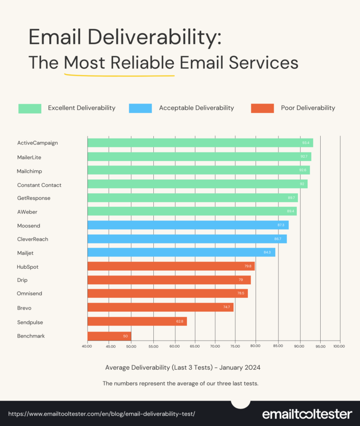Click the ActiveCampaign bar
[200, 143]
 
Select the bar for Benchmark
[109, 336]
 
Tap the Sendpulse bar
[137, 321]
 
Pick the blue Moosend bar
[187, 225]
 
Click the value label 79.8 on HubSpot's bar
[247, 266]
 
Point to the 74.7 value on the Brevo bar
[226, 307]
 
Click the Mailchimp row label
[30, 171]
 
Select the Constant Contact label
[39, 185]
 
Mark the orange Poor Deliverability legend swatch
[262, 108]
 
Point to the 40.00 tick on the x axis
[87, 346]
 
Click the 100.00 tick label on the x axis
[339, 346]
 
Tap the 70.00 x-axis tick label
[214, 346]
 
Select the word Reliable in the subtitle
[142, 62]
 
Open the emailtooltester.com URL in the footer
[102, 413]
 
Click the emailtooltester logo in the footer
[307, 414]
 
